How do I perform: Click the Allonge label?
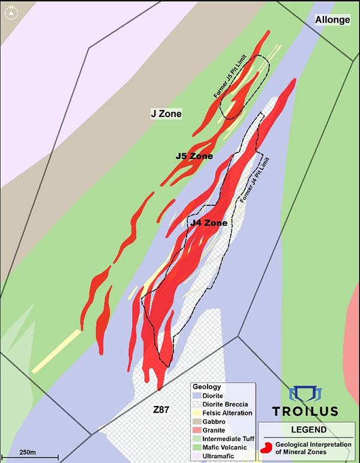(x=332, y=20)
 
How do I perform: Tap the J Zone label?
(x=166, y=113)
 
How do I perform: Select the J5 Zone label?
(x=194, y=156)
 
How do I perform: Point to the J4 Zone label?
(x=208, y=223)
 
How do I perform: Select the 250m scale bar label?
(x=28, y=452)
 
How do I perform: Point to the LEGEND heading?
(x=306, y=430)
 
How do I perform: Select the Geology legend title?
(x=207, y=387)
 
